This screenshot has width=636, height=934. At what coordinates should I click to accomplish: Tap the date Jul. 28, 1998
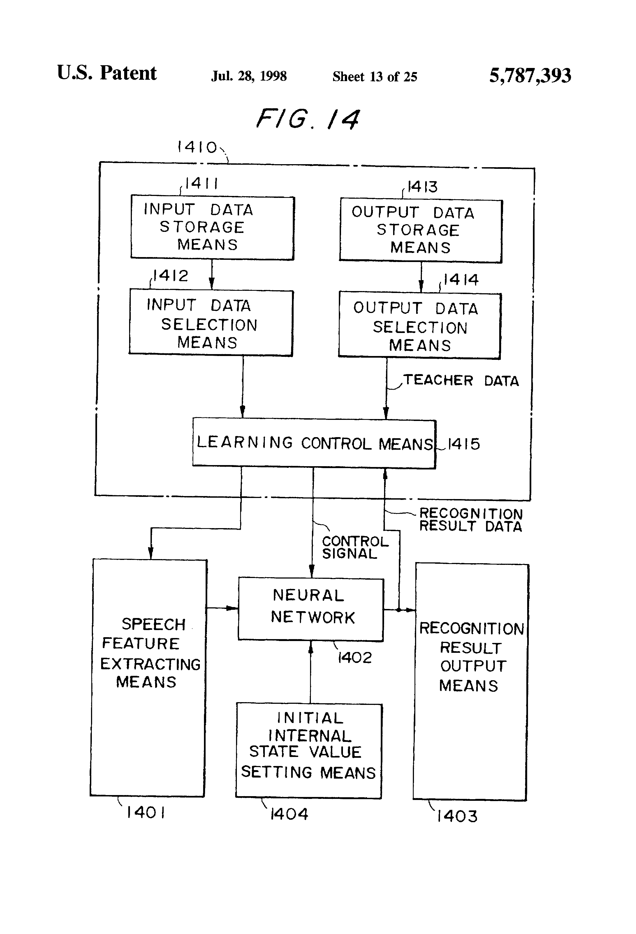pos(249,76)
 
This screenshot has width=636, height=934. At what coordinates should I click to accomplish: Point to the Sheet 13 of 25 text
pos(375,76)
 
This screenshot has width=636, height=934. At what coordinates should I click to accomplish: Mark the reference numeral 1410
pos(197,147)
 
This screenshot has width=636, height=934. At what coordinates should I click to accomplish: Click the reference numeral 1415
pos(464,444)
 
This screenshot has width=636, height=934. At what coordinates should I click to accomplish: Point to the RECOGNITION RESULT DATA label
pos(471,520)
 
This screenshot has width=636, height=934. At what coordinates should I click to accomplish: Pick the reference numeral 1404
pos(289,814)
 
